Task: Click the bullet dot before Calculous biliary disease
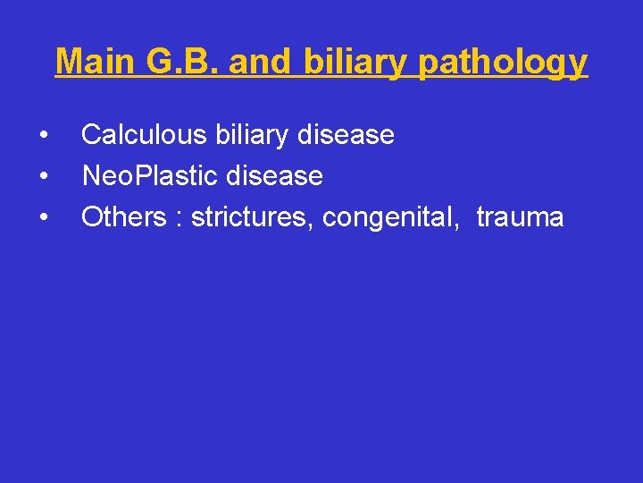click(x=43, y=136)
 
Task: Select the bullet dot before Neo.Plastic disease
click(x=43, y=177)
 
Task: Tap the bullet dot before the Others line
click(x=43, y=218)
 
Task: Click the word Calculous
click(x=144, y=135)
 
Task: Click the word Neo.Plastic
click(x=150, y=176)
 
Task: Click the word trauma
click(x=520, y=217)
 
